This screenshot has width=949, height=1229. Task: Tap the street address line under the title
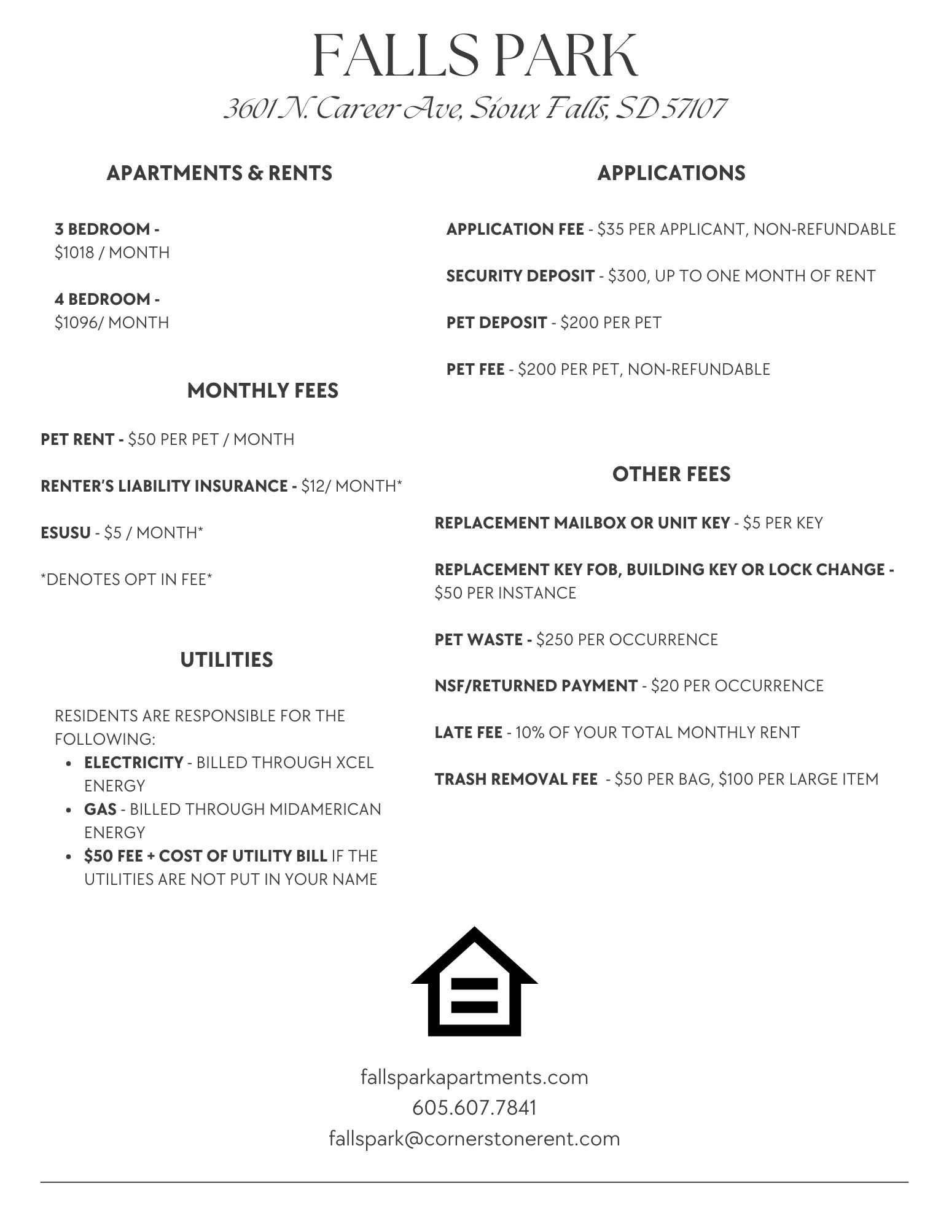click(x=475, y=109)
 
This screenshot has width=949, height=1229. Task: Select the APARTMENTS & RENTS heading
click(x=219, y=173)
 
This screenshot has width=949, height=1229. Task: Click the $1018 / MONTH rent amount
click(x=112, y=253)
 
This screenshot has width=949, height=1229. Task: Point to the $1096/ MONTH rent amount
click(x=112, y=323)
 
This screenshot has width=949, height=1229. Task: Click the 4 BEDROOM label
click(x=107, y=299)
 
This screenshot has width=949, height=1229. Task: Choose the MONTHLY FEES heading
click(x=262, y=391)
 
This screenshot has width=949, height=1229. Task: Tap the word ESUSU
click(x=65, y=533)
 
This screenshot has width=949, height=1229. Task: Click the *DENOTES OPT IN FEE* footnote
click(x=126, y=579)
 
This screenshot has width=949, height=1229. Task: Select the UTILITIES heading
click(x=227, y=660)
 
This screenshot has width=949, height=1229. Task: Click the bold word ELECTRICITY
click(x=133, y=763)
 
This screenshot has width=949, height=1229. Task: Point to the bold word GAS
click(x=100, y=809)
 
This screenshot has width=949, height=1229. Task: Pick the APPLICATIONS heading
click(x=671, y=173)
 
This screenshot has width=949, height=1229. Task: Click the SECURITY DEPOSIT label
click(x=520, y=276)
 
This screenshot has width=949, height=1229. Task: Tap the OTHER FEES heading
click(x=671, y=474)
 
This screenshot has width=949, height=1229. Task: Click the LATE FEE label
click(x=468, y=732)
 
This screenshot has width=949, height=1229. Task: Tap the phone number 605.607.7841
click(x=474, y=1108)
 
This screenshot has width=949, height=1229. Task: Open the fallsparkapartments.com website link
click(x=474, y=1077)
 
